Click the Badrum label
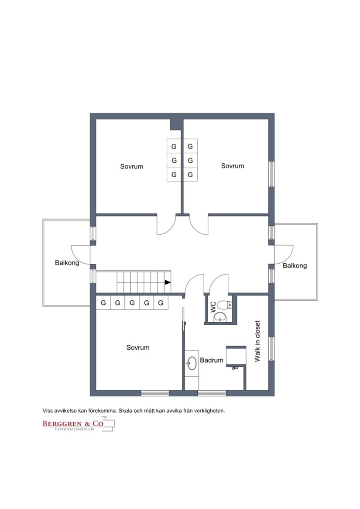pos(212,361)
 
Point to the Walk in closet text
pos(257,341)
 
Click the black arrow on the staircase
pos(168,282)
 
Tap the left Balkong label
pos(67,263)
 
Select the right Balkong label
pos(295,265)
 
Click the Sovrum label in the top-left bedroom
pos(131,166)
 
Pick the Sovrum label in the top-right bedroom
pos(232,166)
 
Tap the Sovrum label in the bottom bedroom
pos(138,347)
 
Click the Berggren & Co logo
pos(72,423)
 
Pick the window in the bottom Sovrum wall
pos(154,393)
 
